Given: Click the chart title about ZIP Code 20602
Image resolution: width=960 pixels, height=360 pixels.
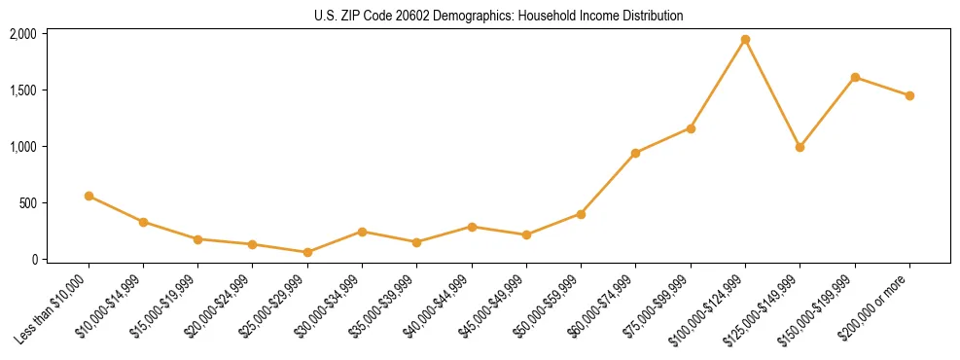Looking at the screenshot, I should pos(499,16).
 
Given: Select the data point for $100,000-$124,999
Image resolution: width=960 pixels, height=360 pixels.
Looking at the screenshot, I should pos(745,40).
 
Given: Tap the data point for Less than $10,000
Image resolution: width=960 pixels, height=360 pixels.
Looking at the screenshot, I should pos(89,196).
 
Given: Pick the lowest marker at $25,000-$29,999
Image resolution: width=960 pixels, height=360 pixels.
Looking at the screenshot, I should pos(307,252).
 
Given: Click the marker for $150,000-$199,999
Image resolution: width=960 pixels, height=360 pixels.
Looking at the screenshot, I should pos(855,77).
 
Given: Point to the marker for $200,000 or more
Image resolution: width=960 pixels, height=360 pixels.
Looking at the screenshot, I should pos(909,95).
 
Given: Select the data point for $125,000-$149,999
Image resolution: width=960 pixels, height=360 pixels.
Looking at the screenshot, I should pos(800,147).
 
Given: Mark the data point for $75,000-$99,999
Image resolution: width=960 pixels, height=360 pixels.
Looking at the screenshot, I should pos(691,128).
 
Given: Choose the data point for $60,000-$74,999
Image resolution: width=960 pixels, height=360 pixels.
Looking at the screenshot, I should pos(635,153).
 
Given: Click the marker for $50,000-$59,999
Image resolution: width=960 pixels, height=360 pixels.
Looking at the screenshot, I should pos(581,214).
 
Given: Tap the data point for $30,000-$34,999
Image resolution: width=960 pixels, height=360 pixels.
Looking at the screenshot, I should pos(362,232).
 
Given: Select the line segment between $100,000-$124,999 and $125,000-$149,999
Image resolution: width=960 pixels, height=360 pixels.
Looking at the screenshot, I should pos(772,93).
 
